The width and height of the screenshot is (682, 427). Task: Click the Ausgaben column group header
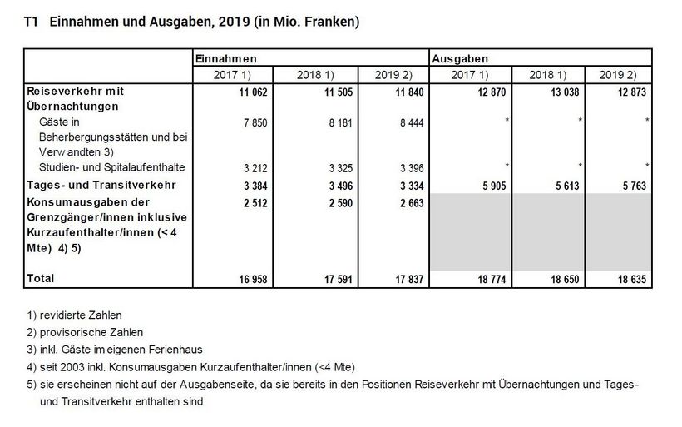[x=459, y=59]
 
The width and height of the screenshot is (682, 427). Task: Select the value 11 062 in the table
[x=252, y=90]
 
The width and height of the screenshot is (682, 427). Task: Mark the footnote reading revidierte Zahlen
[x=81, y=315]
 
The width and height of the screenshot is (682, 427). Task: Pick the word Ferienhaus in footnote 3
[x=178, y=350]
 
